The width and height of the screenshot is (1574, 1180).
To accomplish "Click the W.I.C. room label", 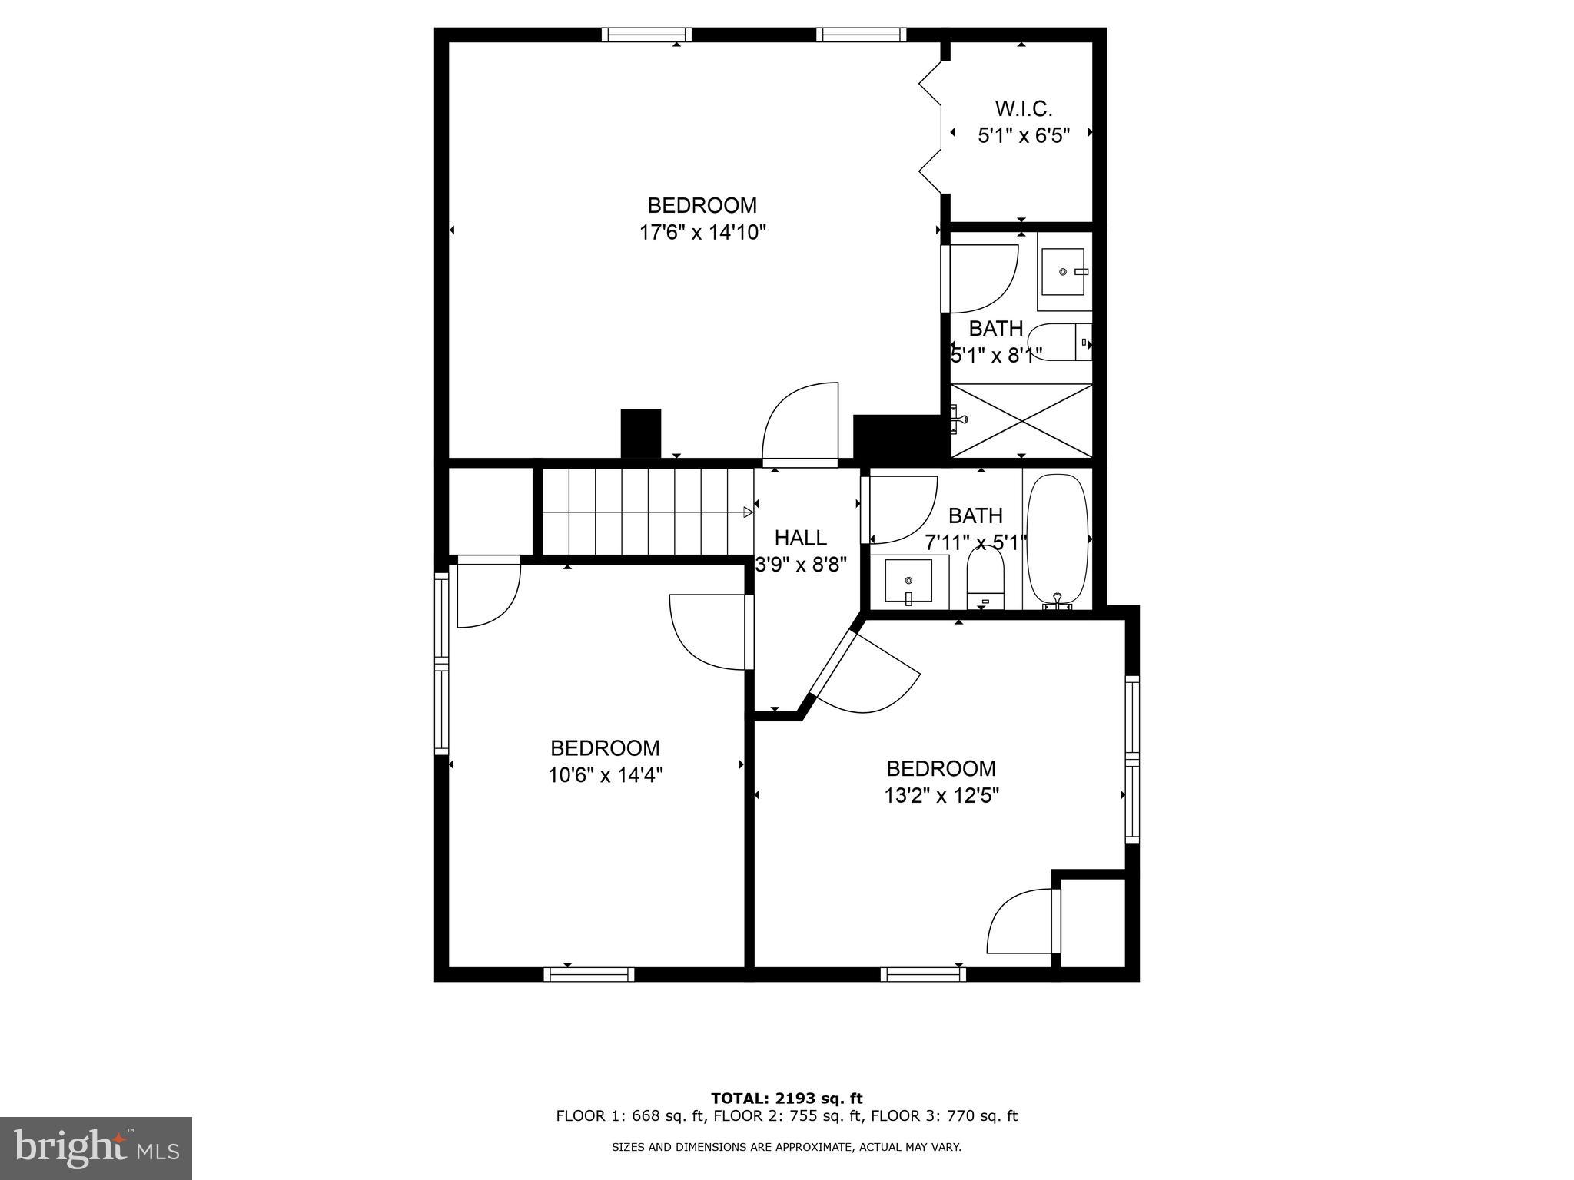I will pos(1023,108).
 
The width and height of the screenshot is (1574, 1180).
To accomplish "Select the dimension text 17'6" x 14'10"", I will pos(702,232).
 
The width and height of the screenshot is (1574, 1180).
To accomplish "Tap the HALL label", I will pos(800,538).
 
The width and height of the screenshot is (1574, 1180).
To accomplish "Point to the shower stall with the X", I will pos(1021,420).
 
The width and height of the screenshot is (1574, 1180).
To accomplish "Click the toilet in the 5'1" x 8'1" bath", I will pos(1059,343).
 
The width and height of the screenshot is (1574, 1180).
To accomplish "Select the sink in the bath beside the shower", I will pos(1064,273).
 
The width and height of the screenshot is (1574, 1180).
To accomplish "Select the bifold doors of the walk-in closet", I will pos(931,128).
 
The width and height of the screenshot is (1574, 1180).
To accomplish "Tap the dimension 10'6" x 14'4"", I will pos(605,775).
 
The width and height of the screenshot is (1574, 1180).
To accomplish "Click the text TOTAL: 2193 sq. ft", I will pos(786,1099).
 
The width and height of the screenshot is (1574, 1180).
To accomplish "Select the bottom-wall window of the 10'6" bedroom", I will pos(589,974).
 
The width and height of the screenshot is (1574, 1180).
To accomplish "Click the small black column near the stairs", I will pos(640,433).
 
